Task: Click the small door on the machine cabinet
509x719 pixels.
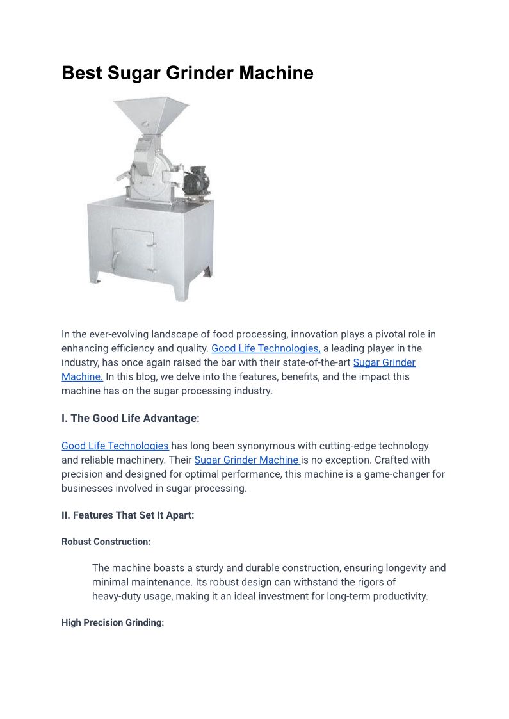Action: [133, 253]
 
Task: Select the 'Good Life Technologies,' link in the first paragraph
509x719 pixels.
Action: [266, 348]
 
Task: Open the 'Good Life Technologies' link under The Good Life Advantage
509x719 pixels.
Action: [115, 446]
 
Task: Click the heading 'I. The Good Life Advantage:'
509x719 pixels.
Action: [131, 418]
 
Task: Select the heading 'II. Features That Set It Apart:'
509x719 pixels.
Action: [127, 515]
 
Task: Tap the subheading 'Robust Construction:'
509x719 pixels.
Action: [106, 542]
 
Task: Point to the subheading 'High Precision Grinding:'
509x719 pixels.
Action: [113, 622]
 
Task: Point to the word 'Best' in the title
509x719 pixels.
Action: [82, 73]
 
